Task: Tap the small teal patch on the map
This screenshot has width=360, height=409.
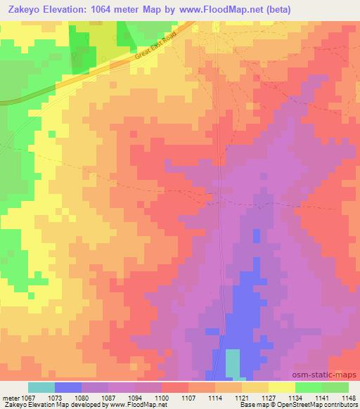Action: coord(231,363)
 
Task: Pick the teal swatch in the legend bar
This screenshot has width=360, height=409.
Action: coord(41,387)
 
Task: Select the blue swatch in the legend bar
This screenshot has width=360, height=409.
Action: coord(68,387)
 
